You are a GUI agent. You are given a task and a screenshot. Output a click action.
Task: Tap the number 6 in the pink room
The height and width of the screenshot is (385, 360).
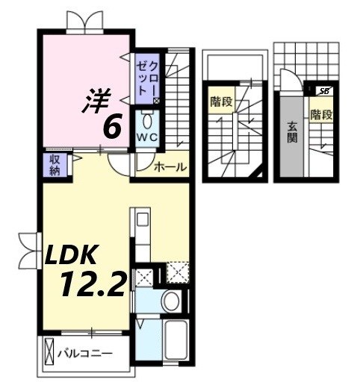click(112, 127)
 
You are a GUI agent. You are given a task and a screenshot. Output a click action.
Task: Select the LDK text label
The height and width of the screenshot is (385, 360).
click(71, 256)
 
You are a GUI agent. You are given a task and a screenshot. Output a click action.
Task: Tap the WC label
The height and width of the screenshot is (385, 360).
click(146, 138)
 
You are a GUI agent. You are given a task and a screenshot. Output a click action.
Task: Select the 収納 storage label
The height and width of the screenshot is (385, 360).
click(56, 164)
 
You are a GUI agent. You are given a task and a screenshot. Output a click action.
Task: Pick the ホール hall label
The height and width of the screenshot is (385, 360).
click(170, 167)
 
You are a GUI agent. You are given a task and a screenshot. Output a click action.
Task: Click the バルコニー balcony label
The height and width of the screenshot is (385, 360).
click(89, 350)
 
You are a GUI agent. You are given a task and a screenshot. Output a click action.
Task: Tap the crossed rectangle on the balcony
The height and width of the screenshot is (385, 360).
click(50, 351)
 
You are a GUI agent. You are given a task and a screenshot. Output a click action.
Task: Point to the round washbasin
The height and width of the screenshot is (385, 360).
click(170, 301)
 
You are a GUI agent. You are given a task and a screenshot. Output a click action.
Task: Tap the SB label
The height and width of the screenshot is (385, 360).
click(323, 91)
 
